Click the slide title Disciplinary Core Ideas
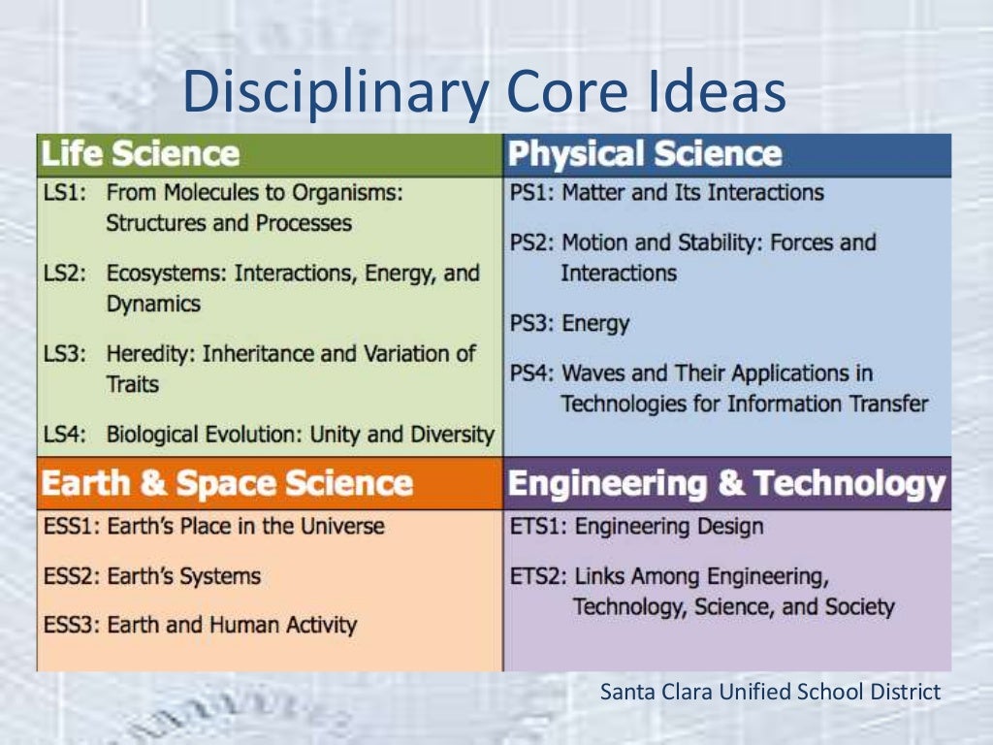(x=482, y=91)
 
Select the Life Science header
(x=141, y=154)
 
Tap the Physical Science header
(x=645, y=154)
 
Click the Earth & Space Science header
(x=228, y=483)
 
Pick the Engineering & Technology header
(x=726, y=483)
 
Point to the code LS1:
(x=64, y=193)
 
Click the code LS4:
(x=64, y=435)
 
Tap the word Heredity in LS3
(x=148, y=354)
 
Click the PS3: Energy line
(x=569, y=323)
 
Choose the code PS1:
(x=531, y=193)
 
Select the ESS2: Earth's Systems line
(x=152, y=576)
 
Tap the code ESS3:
(x=72, y=625)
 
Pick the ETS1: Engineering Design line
(x=636, y=527)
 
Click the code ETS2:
(x=538, y=576)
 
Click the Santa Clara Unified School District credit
(x=770, y=693)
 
